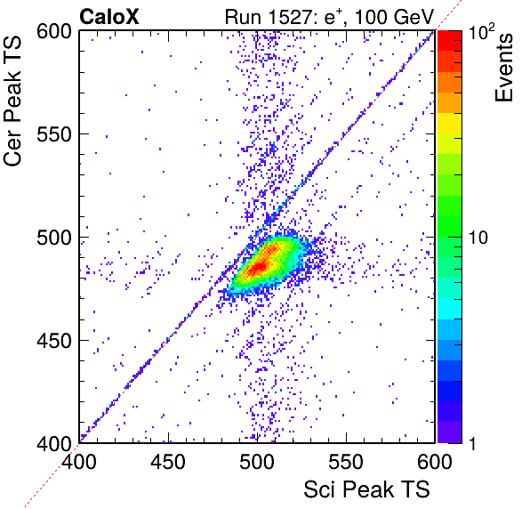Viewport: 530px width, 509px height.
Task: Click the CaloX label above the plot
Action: click(x=108, y=17)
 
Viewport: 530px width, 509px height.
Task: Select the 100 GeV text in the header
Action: click(x=394, y=17)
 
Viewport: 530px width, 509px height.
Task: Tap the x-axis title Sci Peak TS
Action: click(x=366, y=489)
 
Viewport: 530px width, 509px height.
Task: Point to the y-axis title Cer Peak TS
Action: click(x=12, y=101)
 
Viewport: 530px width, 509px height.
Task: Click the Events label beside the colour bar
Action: click(x=503, y=67)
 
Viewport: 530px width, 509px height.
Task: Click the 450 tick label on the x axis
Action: click(x=168, y=461)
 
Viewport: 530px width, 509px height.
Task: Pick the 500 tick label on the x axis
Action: click(x=257, y=461)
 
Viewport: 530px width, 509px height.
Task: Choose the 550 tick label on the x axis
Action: click(x=346, y=461)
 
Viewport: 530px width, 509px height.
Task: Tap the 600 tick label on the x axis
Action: click(x=434, y=461)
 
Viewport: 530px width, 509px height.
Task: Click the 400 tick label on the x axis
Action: click(x=79, y=461)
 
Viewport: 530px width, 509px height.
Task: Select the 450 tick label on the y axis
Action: click(x=54, y=341)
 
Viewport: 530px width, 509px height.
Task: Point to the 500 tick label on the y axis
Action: click(x=54, y=238)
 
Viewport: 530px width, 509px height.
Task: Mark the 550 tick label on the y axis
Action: click(x=54, y=134)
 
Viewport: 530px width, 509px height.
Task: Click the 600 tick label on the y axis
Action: click(x=54, y=32)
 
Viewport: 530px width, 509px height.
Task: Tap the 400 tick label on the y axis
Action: click(x=54, y=443)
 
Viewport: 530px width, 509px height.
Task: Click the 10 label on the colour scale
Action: click(x=478, y=238)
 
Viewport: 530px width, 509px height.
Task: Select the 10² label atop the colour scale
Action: click(x=481, y=31)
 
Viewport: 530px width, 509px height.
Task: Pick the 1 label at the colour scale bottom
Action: click(x=473, y=443)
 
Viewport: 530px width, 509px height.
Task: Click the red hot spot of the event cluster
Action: click(x=260, y=266)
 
